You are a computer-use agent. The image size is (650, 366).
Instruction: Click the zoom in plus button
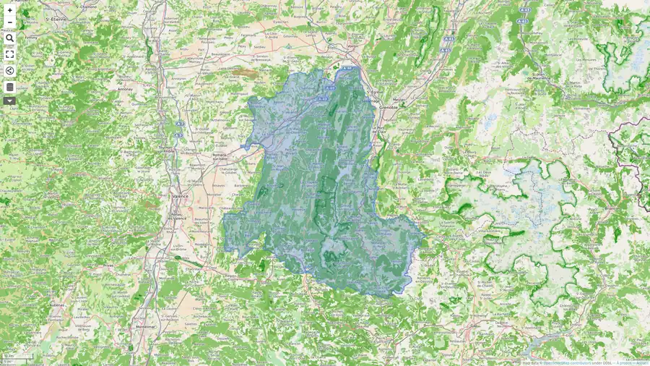(x=9, y=10)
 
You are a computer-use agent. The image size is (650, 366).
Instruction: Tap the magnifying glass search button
(x=9, y=38)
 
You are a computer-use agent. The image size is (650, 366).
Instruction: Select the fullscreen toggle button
(x=9, y=54)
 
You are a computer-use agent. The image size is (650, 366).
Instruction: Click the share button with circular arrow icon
(x=9, y=71)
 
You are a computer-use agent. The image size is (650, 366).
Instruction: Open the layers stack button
(x=9, y=87)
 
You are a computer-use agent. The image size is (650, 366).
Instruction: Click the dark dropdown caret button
(x=9, y=101)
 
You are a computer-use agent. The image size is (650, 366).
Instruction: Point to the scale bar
(x=18, y=357)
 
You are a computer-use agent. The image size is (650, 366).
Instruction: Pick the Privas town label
(x=108, y=265)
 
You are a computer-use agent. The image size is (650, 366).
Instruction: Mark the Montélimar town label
(x=145, y=326)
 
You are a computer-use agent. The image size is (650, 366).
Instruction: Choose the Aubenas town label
(x=57, y=305)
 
